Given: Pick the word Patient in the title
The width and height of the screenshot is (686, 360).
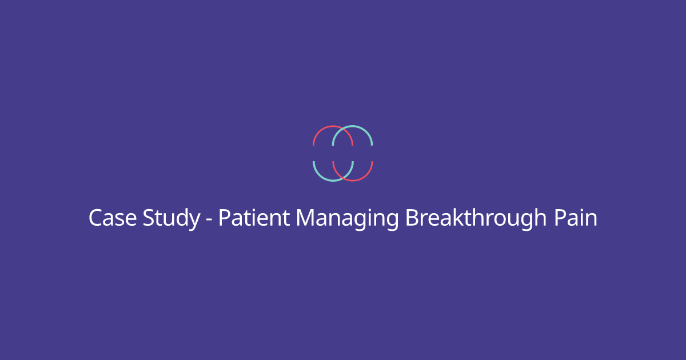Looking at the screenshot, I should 254,218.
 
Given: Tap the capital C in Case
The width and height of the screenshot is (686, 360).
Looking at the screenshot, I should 95,218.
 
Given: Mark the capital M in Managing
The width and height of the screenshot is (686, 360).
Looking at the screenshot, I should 305,218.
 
